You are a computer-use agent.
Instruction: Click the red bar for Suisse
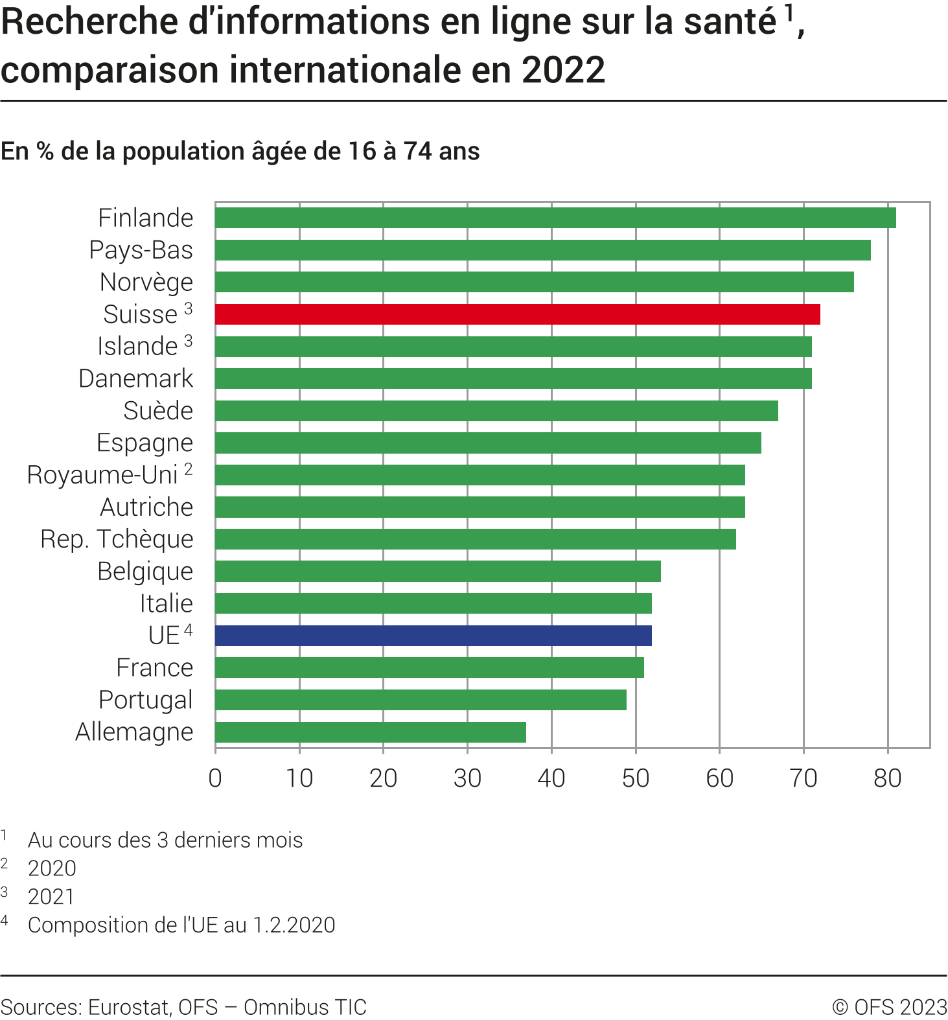tap(517, 314)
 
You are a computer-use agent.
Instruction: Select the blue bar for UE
tap(433, 636)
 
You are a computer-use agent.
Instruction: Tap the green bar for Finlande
tap(555, 218)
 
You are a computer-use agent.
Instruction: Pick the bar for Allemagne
tap(370, 732)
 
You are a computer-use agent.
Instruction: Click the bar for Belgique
tap(437, 572)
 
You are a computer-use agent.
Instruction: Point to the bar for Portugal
tap(421, 700)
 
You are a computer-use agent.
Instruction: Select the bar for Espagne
tap(488, 443)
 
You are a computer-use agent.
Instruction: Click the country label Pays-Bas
tap(141, 250)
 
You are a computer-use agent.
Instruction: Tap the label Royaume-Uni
tap(102, 475)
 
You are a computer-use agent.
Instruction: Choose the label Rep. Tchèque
tap(117, 539)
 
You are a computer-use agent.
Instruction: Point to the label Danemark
tap(135, 378)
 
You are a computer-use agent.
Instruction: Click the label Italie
tap(167, 603)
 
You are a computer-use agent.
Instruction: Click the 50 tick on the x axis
tap(635, 778)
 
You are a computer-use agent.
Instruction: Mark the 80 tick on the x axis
tap(887, 778)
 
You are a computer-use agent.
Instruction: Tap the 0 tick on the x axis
tap(215, 778)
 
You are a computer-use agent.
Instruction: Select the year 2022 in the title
tap(563, 70)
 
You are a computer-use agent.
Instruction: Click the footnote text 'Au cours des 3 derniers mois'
tap(165, 840)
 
